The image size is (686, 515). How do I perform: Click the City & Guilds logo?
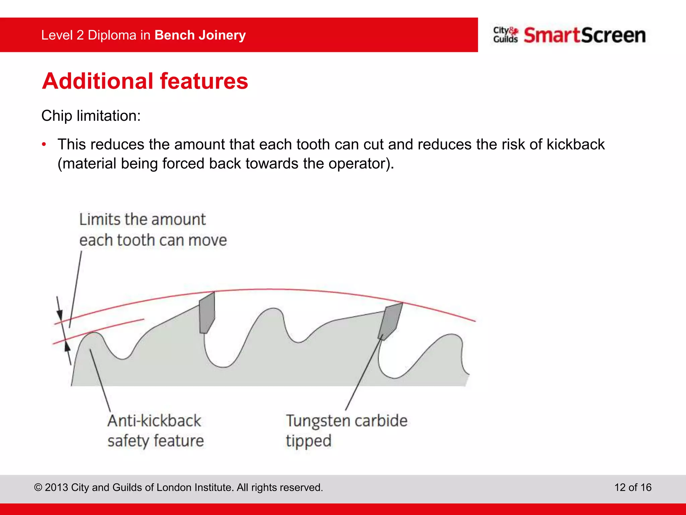pos(505,35)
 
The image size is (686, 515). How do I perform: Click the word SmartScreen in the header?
pos(585,35)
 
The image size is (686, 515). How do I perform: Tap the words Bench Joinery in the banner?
pos(200,35)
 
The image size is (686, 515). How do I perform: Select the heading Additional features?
pos(145,81)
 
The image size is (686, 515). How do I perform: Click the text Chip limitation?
pos(91,116)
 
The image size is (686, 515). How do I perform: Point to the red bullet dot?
pos(44,145)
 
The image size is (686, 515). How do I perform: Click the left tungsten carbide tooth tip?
pos(207,312)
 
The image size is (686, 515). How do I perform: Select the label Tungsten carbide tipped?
pos(346,431)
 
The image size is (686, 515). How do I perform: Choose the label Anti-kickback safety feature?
pos(155,431)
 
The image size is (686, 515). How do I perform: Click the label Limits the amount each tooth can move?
pos(152,230)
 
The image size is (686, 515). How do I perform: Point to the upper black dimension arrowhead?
pos(60,315)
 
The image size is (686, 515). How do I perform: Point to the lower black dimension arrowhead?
pos(67,346)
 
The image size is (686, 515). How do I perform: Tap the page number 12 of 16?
pos(632,487)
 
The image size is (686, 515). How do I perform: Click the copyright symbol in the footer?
pos(38,488)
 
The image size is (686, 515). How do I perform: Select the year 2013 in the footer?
pos(56,488)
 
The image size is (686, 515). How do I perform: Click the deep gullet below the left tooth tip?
pos(221,360)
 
